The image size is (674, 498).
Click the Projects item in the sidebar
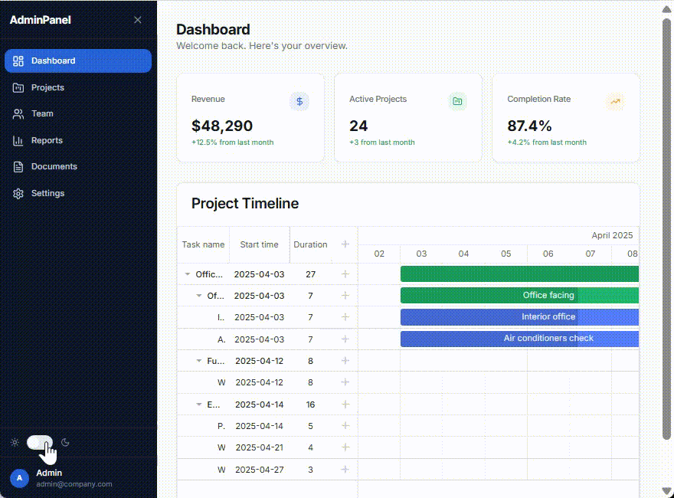pos(47,87)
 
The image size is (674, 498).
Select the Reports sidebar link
pos(47,140)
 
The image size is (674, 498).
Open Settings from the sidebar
pos(47,193)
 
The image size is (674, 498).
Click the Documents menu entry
pos(54,166)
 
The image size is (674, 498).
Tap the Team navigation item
pos(42,113)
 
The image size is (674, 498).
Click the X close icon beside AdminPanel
pos(138,20)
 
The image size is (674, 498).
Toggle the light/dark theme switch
pos(40,442)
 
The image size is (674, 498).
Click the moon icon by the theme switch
pos(66,442)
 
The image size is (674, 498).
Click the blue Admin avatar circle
pos(20,478)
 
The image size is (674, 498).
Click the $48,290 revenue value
pos(222,126)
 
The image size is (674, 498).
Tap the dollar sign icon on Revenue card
pos(299,101)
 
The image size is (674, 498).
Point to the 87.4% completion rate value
pos(529,126)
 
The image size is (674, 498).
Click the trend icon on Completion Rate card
pos(615,101)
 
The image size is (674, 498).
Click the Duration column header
pos(310,244)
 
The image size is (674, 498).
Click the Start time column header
pos(259,244)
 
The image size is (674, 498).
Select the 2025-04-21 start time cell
pos(259,447)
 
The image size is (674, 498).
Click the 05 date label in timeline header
pos(505,254)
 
